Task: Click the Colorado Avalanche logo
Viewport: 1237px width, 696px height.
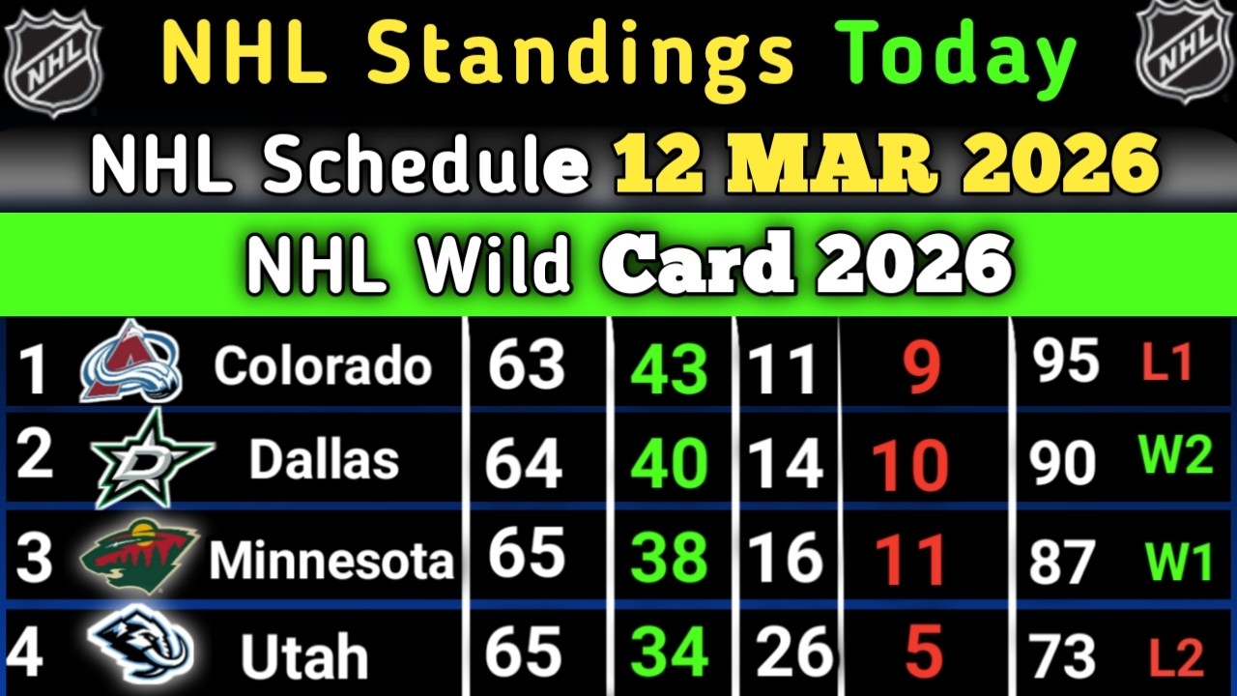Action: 130,362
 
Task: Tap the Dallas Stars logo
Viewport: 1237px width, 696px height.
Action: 153,458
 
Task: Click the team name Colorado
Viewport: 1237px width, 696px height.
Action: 323,365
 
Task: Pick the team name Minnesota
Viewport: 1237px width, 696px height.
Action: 331,559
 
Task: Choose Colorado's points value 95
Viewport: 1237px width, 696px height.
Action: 1065,362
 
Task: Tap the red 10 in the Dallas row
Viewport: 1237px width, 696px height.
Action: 910,465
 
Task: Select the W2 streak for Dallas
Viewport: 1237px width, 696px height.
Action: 1176,455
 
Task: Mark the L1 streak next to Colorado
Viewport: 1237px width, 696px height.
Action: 1166,362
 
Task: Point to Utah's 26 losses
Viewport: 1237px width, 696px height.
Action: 794,651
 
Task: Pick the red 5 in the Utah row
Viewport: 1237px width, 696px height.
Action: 924,651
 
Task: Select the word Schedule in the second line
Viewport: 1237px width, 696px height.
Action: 425,164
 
